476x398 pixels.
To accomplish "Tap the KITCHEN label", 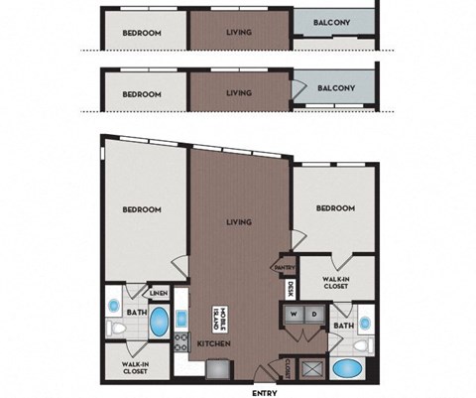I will point(214,343).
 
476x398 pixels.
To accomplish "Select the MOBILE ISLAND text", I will point(218,319).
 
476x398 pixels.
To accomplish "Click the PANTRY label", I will point(286,267).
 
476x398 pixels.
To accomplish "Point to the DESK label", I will point(290,290).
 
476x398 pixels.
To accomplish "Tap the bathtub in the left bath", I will point(159,324).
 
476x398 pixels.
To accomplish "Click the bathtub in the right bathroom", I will point(348,372).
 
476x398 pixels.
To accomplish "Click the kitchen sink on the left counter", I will point(183,320).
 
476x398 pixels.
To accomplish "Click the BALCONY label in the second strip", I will point(336,87).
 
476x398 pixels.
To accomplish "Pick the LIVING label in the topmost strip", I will point(238,32).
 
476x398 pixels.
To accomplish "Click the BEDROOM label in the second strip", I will point(142,94).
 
